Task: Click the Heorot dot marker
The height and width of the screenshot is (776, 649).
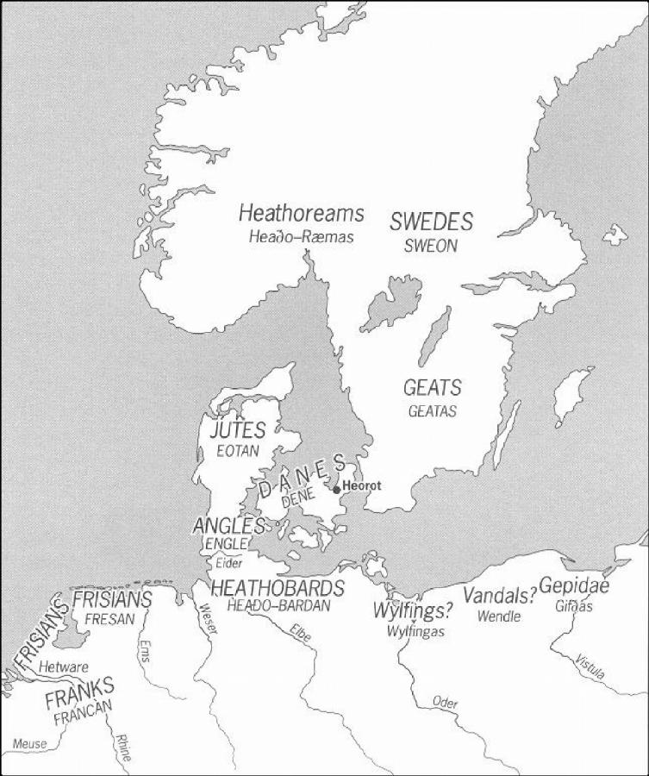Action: click(x=336, y=489)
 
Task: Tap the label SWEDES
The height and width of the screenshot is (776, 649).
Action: click(x=431, y=222)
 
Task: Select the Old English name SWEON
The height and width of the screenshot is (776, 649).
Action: click(x=431, y=246)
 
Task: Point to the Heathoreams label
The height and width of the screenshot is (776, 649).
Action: click(x=301, y=213)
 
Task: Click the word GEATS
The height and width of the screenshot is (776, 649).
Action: click(x=432, y=388)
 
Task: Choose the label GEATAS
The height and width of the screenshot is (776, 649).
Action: click(x=432, y=411)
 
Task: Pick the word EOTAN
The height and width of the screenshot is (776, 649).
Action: click(x=237, y=449)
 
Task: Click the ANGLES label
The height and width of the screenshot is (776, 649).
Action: click(x=228, y=525)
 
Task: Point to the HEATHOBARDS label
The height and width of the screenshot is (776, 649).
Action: click(x=278, y=589)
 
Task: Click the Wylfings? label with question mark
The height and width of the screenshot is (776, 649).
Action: click(x=413, y=611)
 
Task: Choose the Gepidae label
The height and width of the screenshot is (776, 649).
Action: click(x=574, y=586)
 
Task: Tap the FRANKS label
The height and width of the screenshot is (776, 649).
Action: click(x=79, y=689)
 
